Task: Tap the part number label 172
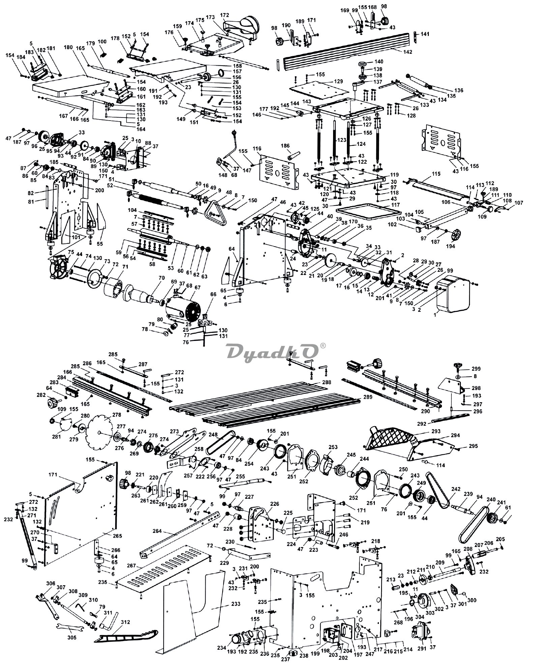pyautogui.click(x=225, y=15)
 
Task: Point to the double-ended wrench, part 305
pyautogui.click(x=70, y=628)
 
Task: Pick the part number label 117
pyautogui.click(x=395, y=205)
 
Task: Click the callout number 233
pyautogui.click(x=236, y=604)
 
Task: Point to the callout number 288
pyautogui.click(x=326, y=382)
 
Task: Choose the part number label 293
pyautogui.click(x=436, y=431)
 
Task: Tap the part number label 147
pyautogui.click(x=247, y=170)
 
